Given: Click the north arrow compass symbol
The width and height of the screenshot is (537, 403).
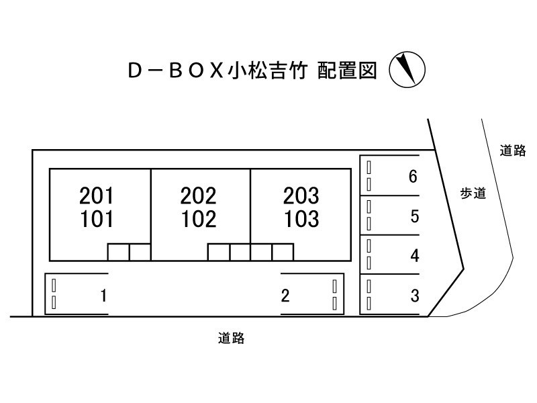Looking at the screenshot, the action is click(x=407, y=70).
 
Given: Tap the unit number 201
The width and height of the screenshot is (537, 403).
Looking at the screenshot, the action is click(x=96, y=195).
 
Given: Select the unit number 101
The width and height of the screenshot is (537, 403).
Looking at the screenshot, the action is click(x=97, y=219).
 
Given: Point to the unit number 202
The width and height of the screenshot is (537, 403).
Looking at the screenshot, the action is click(x=198, y=195).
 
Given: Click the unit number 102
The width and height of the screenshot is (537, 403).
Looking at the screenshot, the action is click(x=199, y=219).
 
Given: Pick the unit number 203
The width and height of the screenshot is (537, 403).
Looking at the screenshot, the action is click(x=301, y=195).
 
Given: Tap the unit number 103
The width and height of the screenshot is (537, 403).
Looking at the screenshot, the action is click(x=301, y=219).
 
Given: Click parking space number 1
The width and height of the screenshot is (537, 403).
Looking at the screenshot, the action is click(x=104, y=296).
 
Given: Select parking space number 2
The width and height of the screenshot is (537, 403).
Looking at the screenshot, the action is click(x=285, y=296).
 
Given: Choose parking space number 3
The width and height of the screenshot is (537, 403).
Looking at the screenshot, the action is click(x=415, y=296).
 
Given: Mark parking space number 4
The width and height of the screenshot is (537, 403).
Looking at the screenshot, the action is click(x=415, y=256).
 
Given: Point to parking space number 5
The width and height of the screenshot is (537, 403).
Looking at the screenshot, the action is click(x=415, y=216).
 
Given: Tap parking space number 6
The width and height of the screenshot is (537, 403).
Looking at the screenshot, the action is click(x=413, y=177).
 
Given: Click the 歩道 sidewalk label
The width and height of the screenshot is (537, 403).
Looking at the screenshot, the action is click(x=473, y=193).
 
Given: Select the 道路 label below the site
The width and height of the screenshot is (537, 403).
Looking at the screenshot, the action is click(x=231, y=339).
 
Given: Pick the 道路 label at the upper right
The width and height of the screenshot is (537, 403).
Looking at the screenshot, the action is click(x=512, y=150).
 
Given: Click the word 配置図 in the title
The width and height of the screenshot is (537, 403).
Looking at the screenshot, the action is click(x=347, y=71).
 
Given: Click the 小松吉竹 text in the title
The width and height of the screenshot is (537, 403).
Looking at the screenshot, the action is click(x=268, y=71).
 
